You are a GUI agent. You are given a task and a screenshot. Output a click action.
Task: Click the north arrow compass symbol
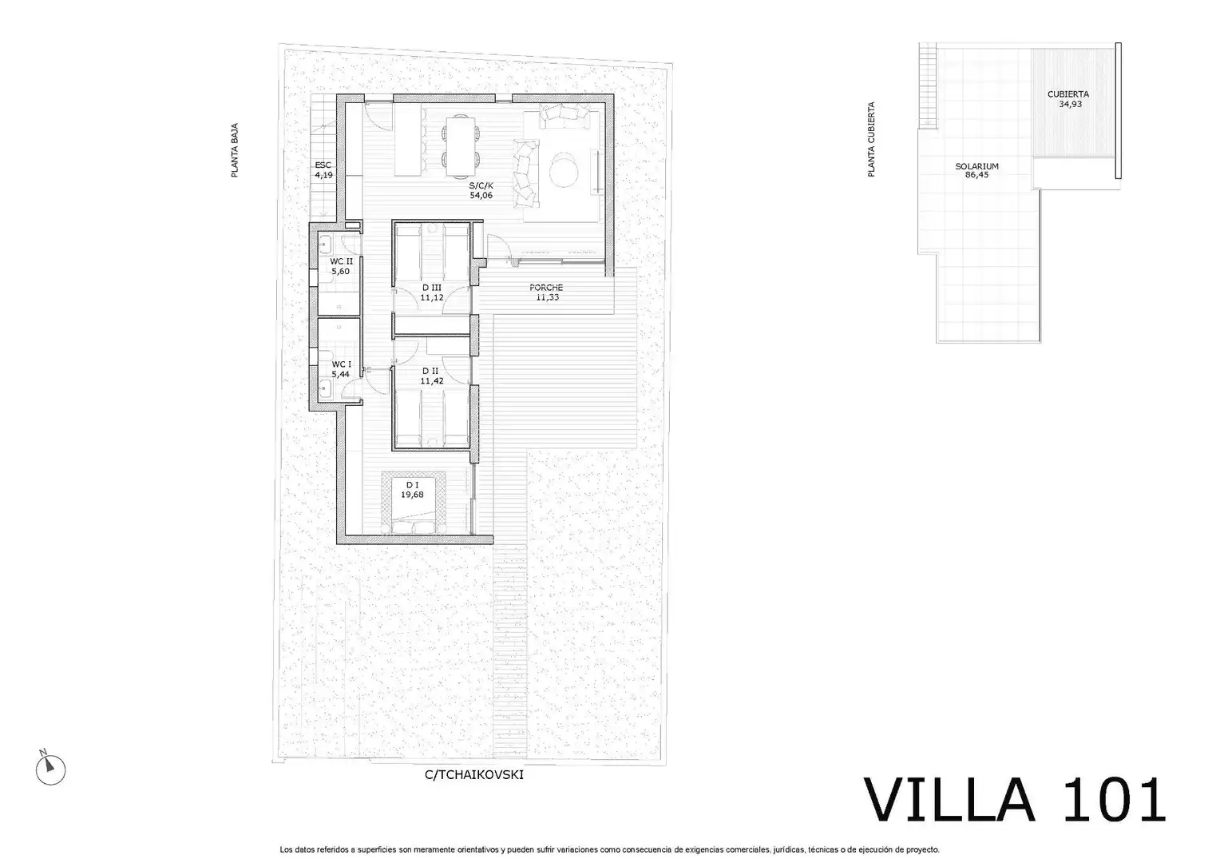pyautogui.click(x=50, y=768)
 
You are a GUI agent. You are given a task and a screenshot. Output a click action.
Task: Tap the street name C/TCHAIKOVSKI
pyautogui.click(x=473, y=774)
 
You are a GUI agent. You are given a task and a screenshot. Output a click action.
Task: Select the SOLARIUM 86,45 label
pyautogui.click(x=976, y=171)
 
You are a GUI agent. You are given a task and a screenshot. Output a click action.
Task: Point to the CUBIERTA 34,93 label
pyautogui.click(x=1068, y=98)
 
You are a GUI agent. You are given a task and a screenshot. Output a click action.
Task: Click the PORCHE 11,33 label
pyautogui.click(x=546, y=292)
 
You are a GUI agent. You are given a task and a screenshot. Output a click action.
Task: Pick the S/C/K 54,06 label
pyautogui.click(x=481, y=190)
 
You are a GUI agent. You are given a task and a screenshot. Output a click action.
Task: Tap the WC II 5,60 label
pyautogui.click(x=341, y=266)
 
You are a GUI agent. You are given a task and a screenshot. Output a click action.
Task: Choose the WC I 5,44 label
pyautogui.click(x=341, y=369)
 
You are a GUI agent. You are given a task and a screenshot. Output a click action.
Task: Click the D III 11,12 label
pyautogui.click(x=431, y=292)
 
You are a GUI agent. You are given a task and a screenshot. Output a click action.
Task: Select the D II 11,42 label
pyautogui.click(x=431, y=376)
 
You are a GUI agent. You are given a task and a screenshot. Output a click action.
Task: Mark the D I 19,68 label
pyautogui.click(x=412, y=490)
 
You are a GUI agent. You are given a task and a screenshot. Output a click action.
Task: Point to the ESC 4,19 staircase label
pyautogui.click(x=323, y=170)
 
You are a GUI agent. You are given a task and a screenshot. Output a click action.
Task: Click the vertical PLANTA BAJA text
pyautogui.click(x=235, y=150)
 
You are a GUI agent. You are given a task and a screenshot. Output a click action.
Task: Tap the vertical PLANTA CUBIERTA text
pyautogui.click(x=871, y=139)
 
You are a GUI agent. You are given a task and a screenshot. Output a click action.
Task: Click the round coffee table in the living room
pyautogui.click(x=564, y=170)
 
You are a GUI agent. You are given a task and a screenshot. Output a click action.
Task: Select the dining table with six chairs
pyautogui.click(x=461, y=146)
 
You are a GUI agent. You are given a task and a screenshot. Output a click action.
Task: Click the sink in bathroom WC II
pyautogui.click(x=325, y=244)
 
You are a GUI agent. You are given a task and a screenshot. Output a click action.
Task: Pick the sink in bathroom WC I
pyautogui.click(x=325, y=388)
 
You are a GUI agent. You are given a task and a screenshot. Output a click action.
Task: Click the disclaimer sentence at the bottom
pyautogui.click(x=609, y=849)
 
